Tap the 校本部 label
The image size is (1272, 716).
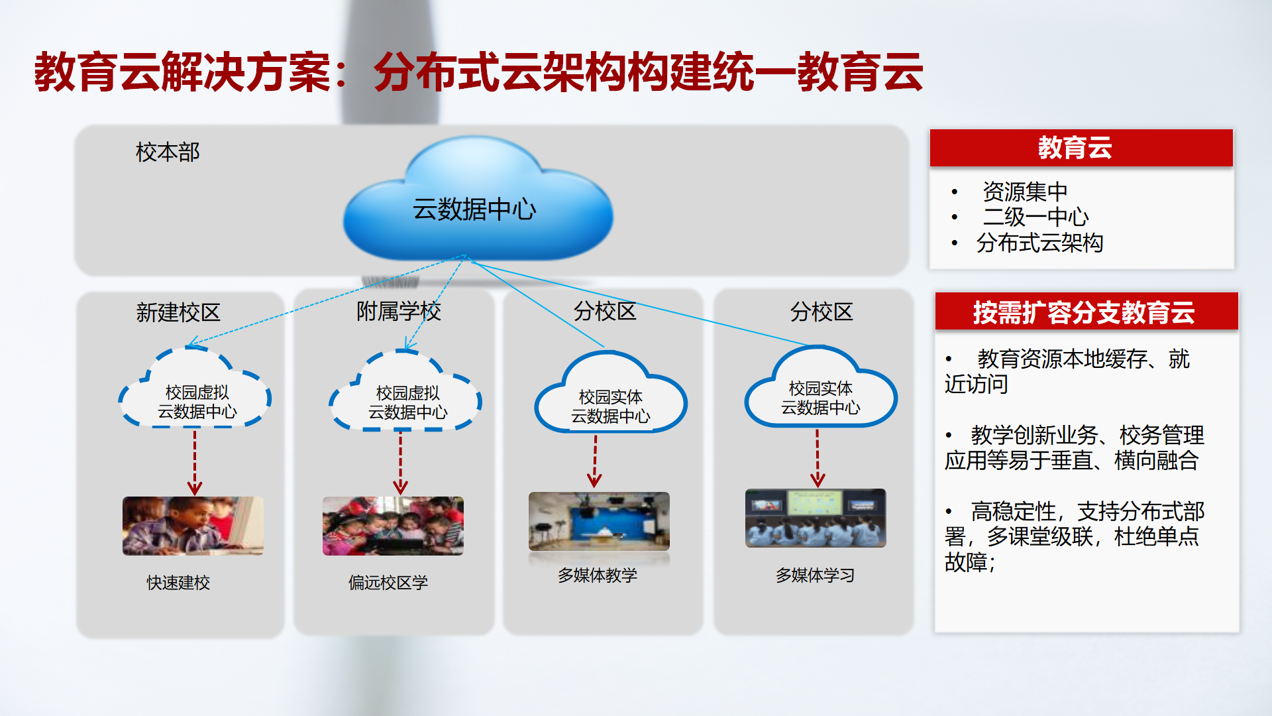tap(168, 152)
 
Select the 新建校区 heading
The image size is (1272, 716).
tap(178, 312)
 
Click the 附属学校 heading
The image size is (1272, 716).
tap(399, 311)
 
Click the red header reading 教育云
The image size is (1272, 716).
tap(1081, 148)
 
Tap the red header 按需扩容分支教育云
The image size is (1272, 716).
tap(1086, 312)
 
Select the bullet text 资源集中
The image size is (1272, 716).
tap(1025, 192)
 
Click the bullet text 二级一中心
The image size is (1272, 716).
tap(1035, 217)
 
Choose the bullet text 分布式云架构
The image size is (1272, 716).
tap(1039, 243)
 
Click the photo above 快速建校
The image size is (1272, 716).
tap(193, 526)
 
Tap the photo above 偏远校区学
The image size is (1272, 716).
tap(393, 526)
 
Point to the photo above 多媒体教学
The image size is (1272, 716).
tap(599, 521)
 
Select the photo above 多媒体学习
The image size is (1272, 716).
tap(816, 518)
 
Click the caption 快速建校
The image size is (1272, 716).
tap(178, 583)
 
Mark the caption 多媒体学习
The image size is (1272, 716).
tap(815, 575)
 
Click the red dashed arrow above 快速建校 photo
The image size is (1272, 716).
tap(194, 463)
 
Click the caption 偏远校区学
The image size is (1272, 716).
tap(388, 583)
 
